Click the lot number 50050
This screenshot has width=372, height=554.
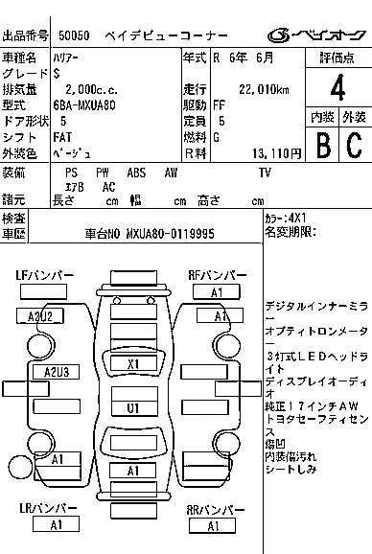[x=74, y=35]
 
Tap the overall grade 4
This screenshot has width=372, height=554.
[x=337, y=87]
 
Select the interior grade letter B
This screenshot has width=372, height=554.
[x=323, y=144]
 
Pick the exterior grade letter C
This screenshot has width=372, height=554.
[x=354, y=144]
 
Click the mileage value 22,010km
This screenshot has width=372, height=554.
[x=264, y=89]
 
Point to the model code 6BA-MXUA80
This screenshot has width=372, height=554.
[x=84, y=105]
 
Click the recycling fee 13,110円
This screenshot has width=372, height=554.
[x=277, y=153]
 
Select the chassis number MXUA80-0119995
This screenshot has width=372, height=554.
[x=170, y=234]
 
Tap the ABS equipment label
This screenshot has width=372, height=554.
[x=136, y=173]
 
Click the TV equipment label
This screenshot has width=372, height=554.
[x=265, y=173]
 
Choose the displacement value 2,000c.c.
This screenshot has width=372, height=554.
[x=91, y=89]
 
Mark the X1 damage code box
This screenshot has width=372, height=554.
[x=133, y=363]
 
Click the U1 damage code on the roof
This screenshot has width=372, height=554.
[x=134, y=408]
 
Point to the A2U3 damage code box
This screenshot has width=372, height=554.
[x=57, y=372]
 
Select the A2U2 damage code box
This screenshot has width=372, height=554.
[x=40, y=316]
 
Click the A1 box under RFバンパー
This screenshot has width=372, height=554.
[x=217, y=292]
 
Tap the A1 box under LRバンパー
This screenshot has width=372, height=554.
[x=56, y=524]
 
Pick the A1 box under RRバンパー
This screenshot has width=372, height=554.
[x=212, y=526]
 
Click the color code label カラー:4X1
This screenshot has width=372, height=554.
[x=286, y=218]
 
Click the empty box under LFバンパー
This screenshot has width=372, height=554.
[x=43, y=291]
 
